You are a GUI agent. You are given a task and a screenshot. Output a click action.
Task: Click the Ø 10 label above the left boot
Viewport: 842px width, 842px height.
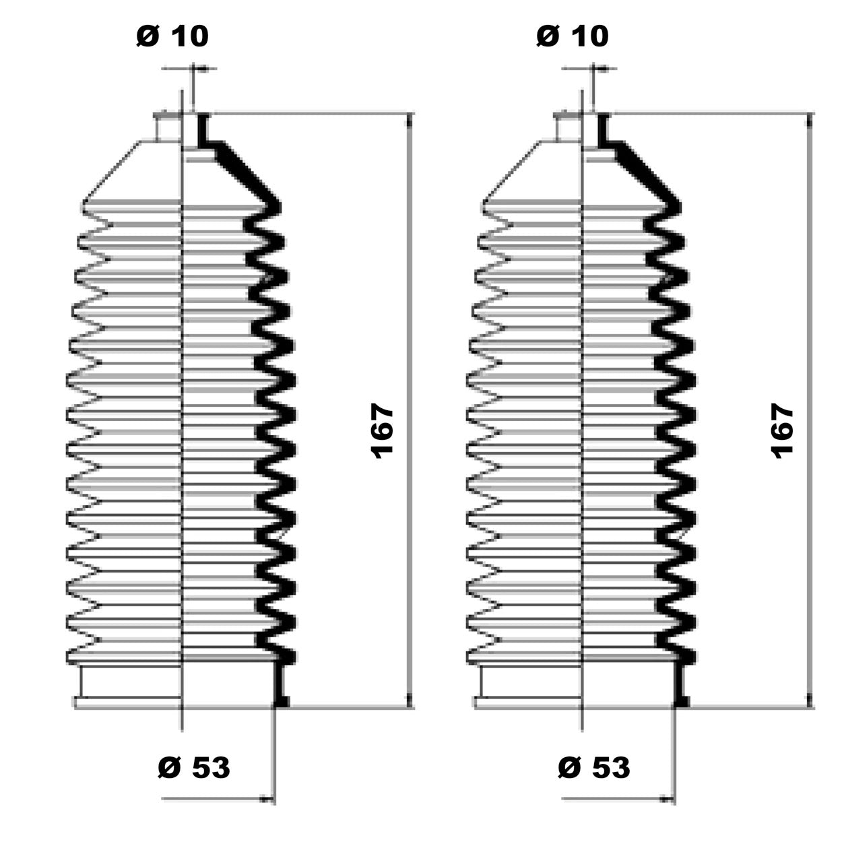click(x=172, y=36)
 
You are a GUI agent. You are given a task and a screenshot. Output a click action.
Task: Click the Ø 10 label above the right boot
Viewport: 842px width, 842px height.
click(x=572, y=36)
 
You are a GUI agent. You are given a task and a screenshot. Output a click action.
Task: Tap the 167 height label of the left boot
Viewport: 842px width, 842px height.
click(x=381, y=432)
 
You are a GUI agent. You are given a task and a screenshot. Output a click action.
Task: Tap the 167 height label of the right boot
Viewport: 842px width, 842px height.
click(x=782, y=432)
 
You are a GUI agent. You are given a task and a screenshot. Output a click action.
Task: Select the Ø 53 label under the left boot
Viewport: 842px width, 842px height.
click(x=194, y=767)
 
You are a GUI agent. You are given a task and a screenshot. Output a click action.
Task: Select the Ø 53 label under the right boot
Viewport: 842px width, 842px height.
click(x=594, y=767)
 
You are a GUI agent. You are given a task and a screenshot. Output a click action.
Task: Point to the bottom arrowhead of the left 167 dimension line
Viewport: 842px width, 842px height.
click(x=410, y=701)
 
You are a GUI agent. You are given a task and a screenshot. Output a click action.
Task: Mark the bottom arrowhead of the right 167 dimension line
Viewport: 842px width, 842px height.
click(x=810, y=701)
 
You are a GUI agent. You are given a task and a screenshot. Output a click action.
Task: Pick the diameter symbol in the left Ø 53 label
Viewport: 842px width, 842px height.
click(x=169, y=767)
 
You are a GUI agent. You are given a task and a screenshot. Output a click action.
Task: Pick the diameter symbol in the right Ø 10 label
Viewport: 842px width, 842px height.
click(x=548, y=36)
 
